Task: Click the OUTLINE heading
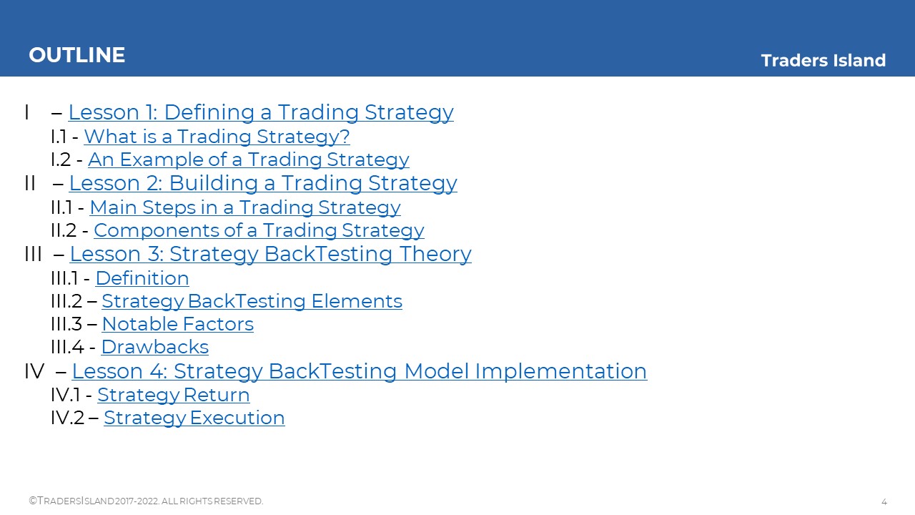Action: (x=76, y=55)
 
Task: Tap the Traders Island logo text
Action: (x=823, y=61)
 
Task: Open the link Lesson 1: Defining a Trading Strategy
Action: (x=261, y=112)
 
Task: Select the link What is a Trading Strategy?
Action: (x=217, y=137)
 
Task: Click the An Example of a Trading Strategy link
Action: (x=248, y=160)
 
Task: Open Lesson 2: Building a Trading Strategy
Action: (x=263, y=182)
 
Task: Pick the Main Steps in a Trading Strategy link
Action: (x=245, y=207)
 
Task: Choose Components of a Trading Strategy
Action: (x=259, y=230)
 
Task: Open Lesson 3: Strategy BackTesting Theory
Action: (x=270, y=253)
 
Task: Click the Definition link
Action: (x=142, y=278)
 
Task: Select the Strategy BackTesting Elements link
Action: (x=252, y=301)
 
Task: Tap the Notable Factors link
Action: (x=178, y=324)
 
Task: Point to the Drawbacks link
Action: (x=155, y=347)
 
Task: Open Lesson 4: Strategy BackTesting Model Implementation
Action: (x=360, y=371)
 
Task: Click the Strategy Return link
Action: (x=174, y=395)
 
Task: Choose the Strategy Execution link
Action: (x=194, y=418)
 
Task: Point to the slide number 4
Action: (x=884, y=501)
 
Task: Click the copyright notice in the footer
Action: (x=146, y=501)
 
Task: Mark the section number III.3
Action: (x=66, y=324)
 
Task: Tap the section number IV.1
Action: (x=65, y=395)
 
